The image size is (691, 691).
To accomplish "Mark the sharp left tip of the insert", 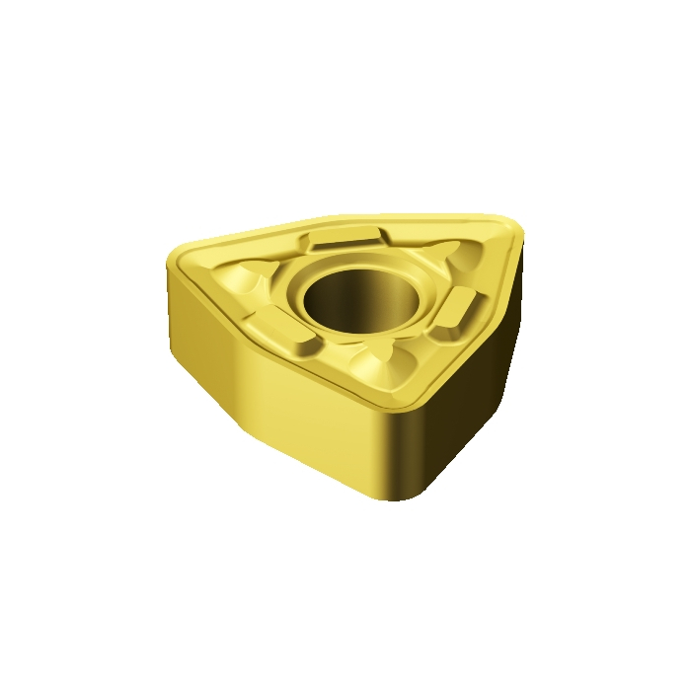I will coord(168,259).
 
